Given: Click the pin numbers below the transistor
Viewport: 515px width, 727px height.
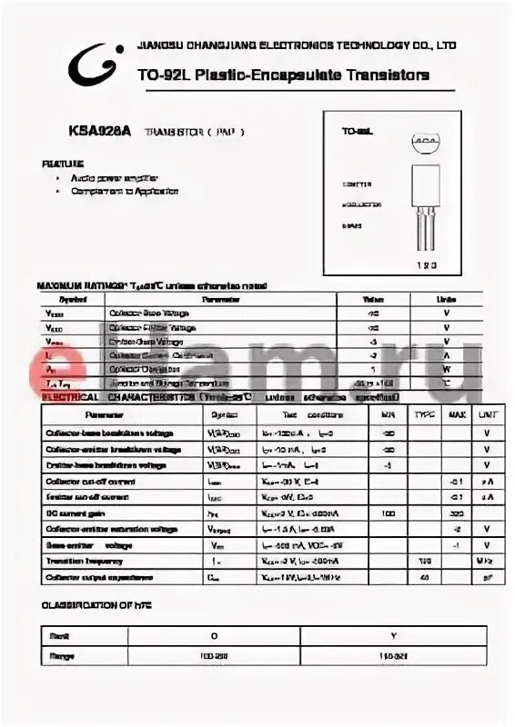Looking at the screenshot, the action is coord(427,266).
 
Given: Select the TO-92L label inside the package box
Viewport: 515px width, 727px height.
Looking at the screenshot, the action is coord(358,133).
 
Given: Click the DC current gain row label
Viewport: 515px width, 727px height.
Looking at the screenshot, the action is coord(76,513).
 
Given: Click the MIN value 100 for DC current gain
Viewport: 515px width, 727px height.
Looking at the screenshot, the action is coord(389,513).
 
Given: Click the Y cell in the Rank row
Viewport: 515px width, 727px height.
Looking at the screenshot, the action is coord(392,636).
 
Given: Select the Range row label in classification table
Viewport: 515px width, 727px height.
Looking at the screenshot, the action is coord(63,655).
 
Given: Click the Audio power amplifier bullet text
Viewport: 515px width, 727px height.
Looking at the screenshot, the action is coord(117,178).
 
